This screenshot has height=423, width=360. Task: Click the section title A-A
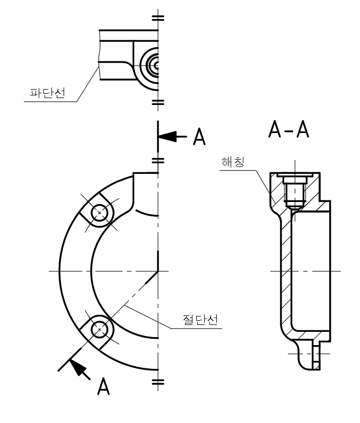point(289,129)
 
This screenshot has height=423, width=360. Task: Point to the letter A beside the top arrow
point(199,137)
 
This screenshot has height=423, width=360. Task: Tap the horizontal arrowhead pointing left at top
point(169,136)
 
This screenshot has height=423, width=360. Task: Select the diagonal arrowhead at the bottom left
point(79,367)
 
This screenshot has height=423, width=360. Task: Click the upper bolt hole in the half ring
point(99,213)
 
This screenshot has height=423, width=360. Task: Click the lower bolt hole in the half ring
point(99,330)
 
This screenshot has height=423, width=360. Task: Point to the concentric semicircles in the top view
point(153,65)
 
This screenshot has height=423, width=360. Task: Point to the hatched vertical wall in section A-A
point(285,270)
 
